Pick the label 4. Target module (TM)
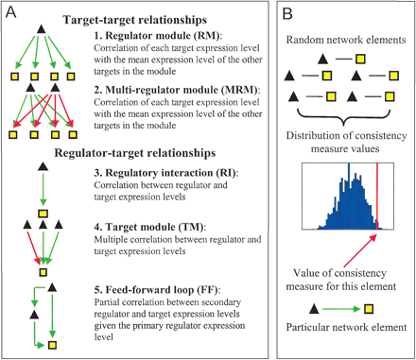pyautogui.click(x=153, y=229)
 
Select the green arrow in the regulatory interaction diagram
pyautogui.click(x=43, y=191)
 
